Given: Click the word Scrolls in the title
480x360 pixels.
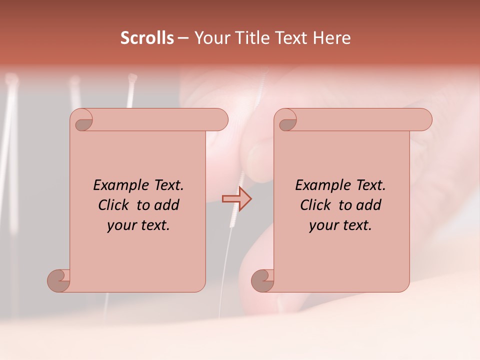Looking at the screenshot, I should (147, 38).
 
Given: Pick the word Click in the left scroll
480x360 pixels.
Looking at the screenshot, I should (114, 205).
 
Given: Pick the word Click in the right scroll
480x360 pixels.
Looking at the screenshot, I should (315, 205).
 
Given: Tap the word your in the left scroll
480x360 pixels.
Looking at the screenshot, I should (120, 225).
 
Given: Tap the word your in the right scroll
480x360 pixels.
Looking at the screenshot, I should (322, 225).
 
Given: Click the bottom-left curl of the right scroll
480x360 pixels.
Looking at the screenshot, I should (263, 280).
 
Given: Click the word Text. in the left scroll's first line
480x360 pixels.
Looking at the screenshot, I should (165, 185).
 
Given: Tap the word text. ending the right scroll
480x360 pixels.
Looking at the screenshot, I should (354, 225).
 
